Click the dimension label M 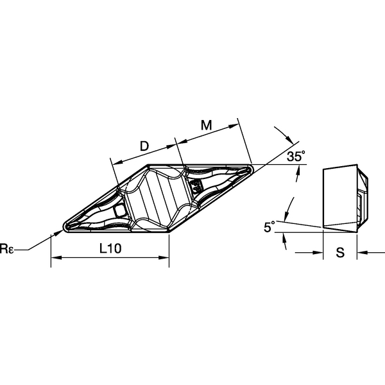(206, 125)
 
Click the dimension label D (144, 146)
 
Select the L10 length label (110, 248)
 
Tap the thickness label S (340, 252)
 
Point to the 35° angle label (296, 156)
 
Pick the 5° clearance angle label (269, 227)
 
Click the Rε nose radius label (6, 248)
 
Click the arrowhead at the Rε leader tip (60, 232)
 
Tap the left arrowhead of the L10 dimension (55, 257)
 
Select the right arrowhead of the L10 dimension (164, 257)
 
